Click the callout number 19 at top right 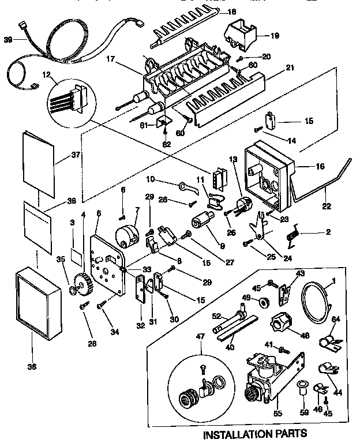(x=275, y=36)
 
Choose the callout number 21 (x=290, y=67)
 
